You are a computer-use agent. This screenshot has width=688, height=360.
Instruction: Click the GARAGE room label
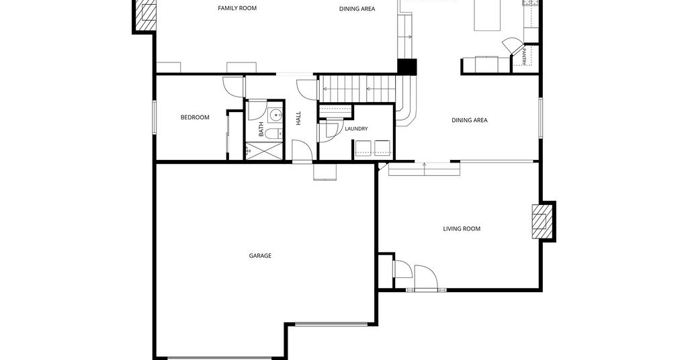(260, 256)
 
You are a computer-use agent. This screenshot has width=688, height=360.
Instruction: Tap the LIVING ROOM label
(462, 228)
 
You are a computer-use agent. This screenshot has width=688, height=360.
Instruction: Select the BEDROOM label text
(195, 117)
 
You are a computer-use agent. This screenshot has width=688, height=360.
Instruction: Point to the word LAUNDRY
(356, 129)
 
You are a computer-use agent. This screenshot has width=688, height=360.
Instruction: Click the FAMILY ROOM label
(237, 8)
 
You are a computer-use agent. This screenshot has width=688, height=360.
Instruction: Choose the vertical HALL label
(298, 118)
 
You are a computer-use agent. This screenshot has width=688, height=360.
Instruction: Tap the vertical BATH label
(261, 130)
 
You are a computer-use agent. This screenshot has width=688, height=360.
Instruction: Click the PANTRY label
(524, 56)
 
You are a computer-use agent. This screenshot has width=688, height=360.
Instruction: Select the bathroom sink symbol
(275, 116)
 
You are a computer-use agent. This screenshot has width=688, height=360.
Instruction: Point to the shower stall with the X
(265, 151)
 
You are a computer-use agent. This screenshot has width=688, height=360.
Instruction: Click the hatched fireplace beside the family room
(146, 15)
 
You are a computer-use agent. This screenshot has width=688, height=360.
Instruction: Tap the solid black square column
(406, 66)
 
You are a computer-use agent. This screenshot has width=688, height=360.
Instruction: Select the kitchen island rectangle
(487, 15)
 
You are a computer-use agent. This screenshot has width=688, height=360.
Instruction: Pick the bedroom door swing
(233, 87)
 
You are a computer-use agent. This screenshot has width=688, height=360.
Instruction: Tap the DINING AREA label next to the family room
(357, 9)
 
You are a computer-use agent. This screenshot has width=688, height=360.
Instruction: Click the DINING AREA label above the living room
(470, 120)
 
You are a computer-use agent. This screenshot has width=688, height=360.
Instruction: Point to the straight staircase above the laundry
(357, 89)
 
